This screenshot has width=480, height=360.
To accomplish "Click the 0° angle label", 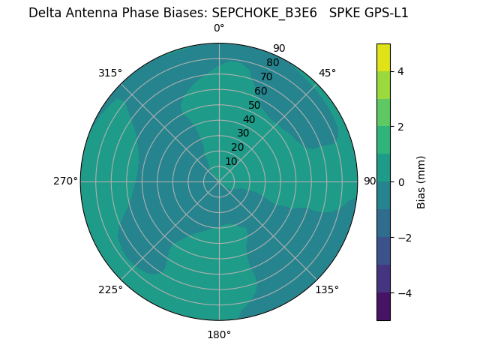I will [x=219, y=28].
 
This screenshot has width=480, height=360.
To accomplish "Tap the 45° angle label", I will [x=327, y=73].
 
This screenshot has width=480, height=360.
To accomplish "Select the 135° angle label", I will [x=327, y=289].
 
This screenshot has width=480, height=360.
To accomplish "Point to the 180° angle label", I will [x=219, y=334].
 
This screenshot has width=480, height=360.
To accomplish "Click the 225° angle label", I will [x=110, y=289].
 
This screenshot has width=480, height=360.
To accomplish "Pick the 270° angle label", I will [x=65, y=181].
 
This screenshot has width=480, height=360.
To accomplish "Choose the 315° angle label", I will [x=110, y=73].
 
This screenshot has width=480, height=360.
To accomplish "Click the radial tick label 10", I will [x=231, y=161].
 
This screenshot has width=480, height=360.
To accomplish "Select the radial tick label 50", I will [x=255, y=106].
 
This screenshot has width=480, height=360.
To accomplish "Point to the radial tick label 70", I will [x=266, y=77].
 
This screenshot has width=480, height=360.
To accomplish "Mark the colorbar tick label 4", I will [x=401, y=71].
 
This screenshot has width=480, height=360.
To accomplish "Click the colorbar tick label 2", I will [x=401, y=127].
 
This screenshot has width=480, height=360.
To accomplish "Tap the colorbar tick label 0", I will [x=401, y=182].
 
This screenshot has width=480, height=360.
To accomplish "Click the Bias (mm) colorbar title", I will [x=421, y=182].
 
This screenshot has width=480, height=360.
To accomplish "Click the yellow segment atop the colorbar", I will [x=384, y=58].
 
